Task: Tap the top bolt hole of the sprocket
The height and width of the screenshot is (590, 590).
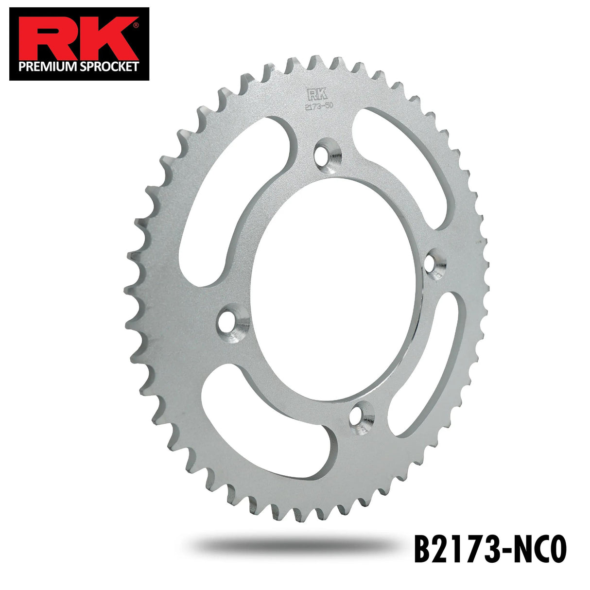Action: pyautogui.click(x=326, y=153)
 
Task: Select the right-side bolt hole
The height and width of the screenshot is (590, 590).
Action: pyautogui.click(x=434, y=263)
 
